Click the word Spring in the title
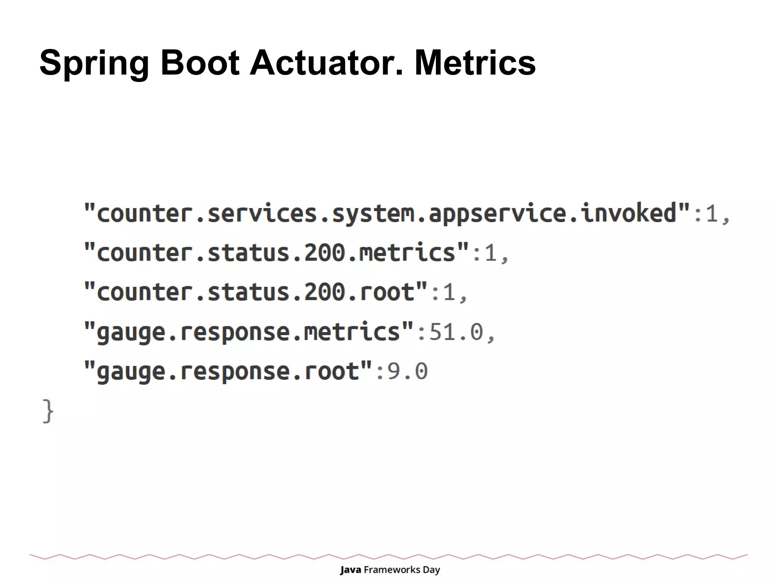coord(94,63)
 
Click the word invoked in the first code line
coord(629,213)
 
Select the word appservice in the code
coord(497,214)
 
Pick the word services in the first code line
coord(262,213)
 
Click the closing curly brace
coord(48,411)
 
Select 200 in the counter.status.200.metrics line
coord(324,253)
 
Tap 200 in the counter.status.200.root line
coord(324,292)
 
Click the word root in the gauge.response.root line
coord(332,372)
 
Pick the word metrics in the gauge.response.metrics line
coord(352,332)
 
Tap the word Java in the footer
coord(350,570)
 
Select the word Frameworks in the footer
coord(392,570)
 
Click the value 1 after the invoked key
coord(712,213)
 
